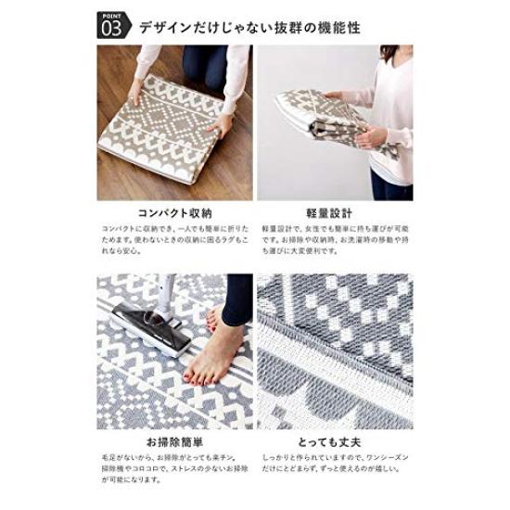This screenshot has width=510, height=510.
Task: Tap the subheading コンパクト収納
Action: [174, 211]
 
